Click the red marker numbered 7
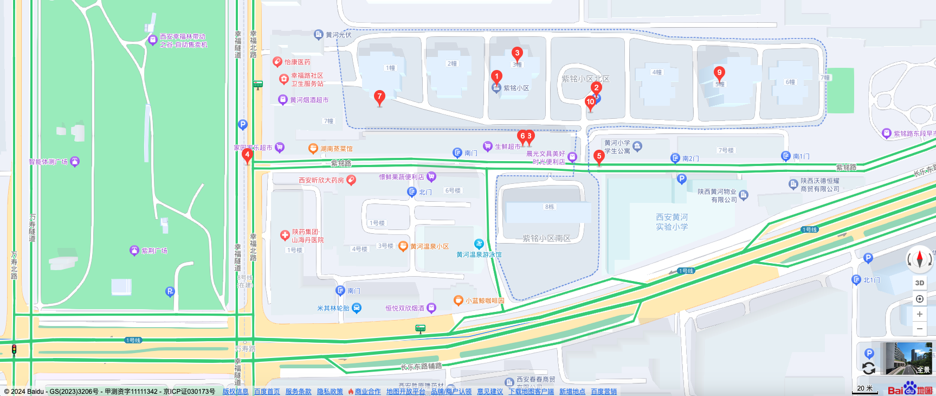click(379, 97)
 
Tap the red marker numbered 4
click(247, 155)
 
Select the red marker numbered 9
click(719, 73)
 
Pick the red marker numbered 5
click(599, 157)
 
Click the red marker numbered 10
click(590, 102)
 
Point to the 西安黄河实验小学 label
click(672, 222)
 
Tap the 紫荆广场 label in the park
click(154, 251)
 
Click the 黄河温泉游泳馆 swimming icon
click(479, 244)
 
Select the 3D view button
click(919, 283)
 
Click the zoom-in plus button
click(919, 314)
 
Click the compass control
click(919, 259)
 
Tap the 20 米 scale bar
click(865, 389)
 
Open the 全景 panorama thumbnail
click(908, 358)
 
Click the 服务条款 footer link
click(298, 392)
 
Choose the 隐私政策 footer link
click(330, 392)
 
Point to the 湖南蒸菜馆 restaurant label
click(336, 149)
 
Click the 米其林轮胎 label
click(333, 308)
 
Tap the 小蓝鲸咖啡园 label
click(485, 301)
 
